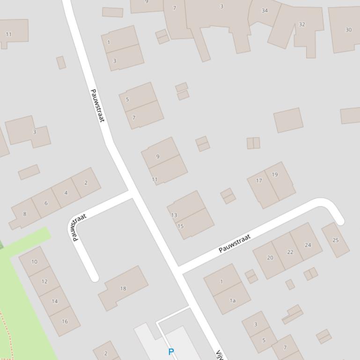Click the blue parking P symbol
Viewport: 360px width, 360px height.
click(x=171, y=352)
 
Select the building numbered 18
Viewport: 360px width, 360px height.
click(x=123, y=288)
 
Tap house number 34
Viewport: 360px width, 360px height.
click(x=264, y=10)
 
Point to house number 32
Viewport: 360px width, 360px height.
click(x=302, y=24)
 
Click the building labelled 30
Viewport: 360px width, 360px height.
click(x=348, y=29)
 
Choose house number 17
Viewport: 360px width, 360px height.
click(x=259, y=180)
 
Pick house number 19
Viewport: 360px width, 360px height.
click(x=275, y=174)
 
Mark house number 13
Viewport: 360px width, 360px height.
click(x=174, y=215)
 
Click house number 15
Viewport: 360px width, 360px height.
click(x=180, y=226)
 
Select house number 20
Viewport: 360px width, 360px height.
click(x=270, y=258)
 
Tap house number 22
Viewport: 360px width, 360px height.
click(x=290, y=252)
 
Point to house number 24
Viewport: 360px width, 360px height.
click(x=308, y=245)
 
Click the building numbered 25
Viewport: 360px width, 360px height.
click(x=336, y=240)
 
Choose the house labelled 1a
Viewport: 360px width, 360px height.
click(x=232, y=301)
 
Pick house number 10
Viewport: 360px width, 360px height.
click(x=34, y=261)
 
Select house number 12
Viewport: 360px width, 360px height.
click(x=44, y=281)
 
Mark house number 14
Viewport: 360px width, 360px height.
click(x=55, y=301)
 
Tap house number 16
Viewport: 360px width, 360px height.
click(x=65, y=321)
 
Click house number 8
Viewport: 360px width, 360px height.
click(x=25, y=214)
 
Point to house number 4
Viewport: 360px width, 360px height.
click(x=66, y=193)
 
